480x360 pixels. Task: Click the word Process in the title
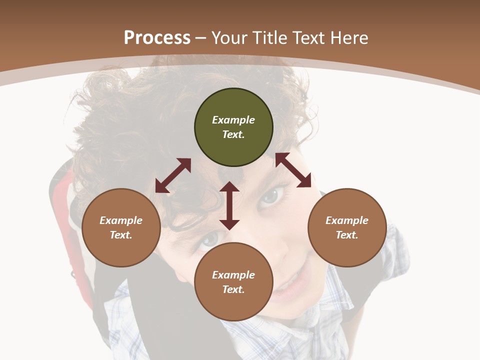157,38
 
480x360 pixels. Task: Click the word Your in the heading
227,38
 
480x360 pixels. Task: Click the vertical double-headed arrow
229,205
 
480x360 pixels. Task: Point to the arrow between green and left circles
173,175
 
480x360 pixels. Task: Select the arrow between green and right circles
293,170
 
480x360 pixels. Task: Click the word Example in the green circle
233,120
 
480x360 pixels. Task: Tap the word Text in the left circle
121,235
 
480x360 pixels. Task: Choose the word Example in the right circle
347,220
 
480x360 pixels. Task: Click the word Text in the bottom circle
233,289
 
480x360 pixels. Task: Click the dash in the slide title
201,38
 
